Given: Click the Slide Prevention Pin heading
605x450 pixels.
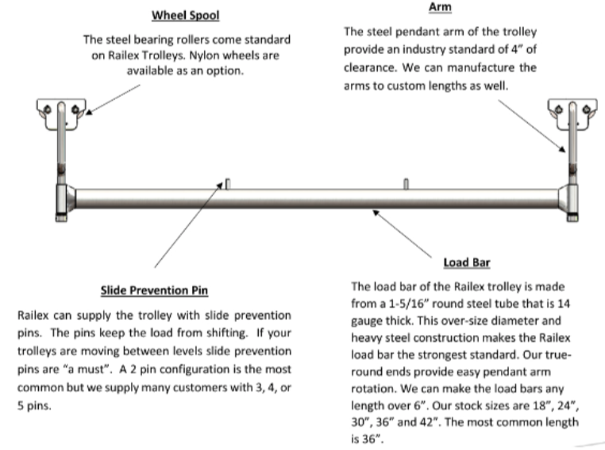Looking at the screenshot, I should click(148, 290).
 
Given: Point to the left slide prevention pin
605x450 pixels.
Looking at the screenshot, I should click(227, 184).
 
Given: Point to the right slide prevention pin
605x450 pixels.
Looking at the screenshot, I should click(405, 184).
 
